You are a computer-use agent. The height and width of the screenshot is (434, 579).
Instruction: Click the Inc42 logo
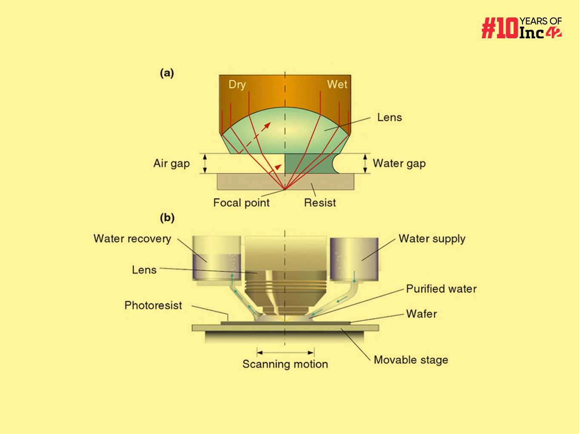pyautogui.click(x=522, y=28)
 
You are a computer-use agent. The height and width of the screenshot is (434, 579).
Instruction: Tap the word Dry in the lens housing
pyautogui.click(x=237, y=84)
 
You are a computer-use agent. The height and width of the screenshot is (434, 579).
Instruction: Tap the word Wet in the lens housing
pyautogui.click(x=337, y=84)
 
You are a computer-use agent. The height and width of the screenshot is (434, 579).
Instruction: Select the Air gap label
pyautogui.click(x=172, y=163)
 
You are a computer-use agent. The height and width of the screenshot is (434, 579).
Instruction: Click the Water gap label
pyautogui.click(x=399, y=163)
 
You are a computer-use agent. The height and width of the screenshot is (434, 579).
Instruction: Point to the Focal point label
pyautogui.click(x=241, y=203)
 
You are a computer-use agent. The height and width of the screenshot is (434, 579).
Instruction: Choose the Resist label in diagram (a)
pyautogui.click(x=320, y=203)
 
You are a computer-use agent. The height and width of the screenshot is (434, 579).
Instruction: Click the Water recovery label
pyautogui.click(x=132, y=239)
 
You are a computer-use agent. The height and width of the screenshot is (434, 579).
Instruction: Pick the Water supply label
pyautogui.click(x=432, y=239)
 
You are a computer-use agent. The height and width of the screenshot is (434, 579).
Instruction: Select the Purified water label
pyautogui.click(x=441, y=289)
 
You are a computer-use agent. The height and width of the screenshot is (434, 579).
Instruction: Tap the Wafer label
pyautogui.click(x=421, y=314)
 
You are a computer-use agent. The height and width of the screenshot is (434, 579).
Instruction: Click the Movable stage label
pyautogui.click(x=411, y=360)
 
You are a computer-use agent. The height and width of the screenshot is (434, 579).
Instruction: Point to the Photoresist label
pyautogui.click(x=153, y=306)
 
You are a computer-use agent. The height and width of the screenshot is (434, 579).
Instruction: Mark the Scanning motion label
pyautogui.click(x=285, y=364)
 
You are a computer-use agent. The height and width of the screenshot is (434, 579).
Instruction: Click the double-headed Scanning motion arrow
pyautogui.click(x=285, y=352)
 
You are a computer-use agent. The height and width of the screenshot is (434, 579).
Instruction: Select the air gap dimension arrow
pyautogui.click(x=205, y=164)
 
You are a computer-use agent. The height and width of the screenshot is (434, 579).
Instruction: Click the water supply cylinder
pyautogui.click(x=354, y=260)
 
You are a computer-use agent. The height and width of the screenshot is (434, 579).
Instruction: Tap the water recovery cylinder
pyautogui.click(x=217, y=258)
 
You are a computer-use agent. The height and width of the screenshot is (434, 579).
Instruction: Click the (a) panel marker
pyautogui.click(x=167, y=73)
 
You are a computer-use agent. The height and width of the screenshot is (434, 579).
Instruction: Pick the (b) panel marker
pyautogui.click(x=167, y=218)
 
